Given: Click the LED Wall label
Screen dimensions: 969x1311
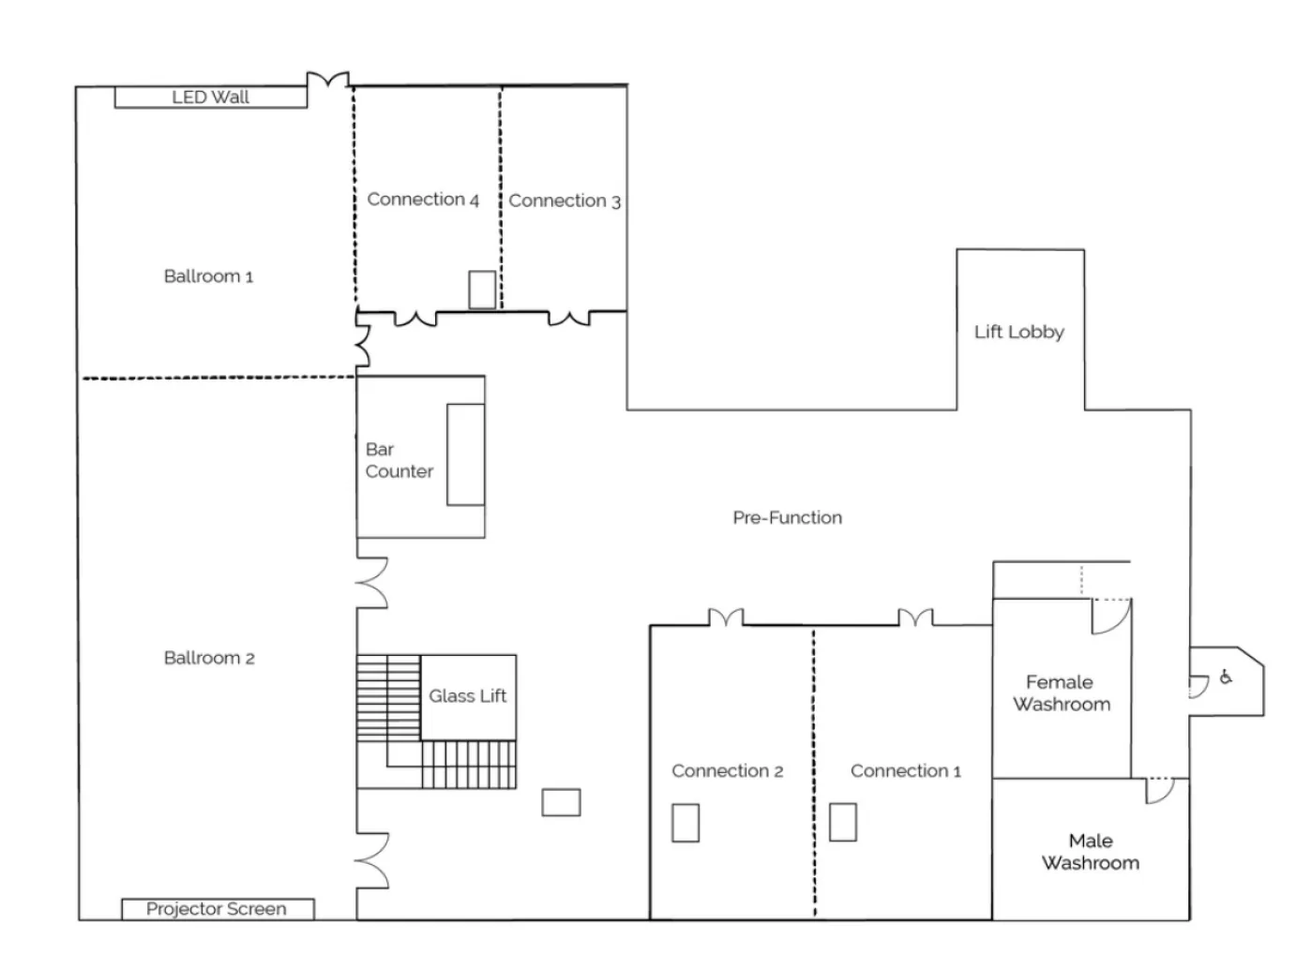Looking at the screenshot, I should (210, 97).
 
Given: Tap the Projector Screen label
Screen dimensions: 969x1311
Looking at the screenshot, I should (217, 909).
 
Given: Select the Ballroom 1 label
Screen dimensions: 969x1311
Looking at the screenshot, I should (208, 276).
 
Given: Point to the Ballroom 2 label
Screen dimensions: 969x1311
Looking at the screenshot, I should (209, 658).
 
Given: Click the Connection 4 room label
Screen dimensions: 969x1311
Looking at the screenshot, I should (423, 200).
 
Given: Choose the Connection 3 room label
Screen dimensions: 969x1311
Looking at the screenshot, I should (565, 201).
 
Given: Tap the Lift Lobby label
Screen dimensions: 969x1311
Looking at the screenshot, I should (1018, 332).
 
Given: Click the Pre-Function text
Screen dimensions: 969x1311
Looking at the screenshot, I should (787, 517).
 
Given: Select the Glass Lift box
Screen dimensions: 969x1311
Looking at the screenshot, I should (467, 696).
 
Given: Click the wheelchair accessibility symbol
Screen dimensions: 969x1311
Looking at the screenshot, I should (1226, 678).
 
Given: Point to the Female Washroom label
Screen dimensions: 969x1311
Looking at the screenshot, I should (1061, 693).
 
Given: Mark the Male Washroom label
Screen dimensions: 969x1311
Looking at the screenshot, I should (1090, 852).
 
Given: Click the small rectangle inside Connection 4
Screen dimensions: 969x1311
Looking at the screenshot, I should (482, 290).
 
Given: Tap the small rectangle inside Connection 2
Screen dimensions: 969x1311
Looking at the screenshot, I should (686, 823).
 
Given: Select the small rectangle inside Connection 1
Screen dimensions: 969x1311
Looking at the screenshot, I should (843, 822).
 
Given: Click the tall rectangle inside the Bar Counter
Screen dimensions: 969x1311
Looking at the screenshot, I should (465, 455).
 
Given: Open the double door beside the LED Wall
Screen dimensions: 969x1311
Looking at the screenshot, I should (328, 81).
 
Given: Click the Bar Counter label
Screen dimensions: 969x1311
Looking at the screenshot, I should (399, 461).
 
